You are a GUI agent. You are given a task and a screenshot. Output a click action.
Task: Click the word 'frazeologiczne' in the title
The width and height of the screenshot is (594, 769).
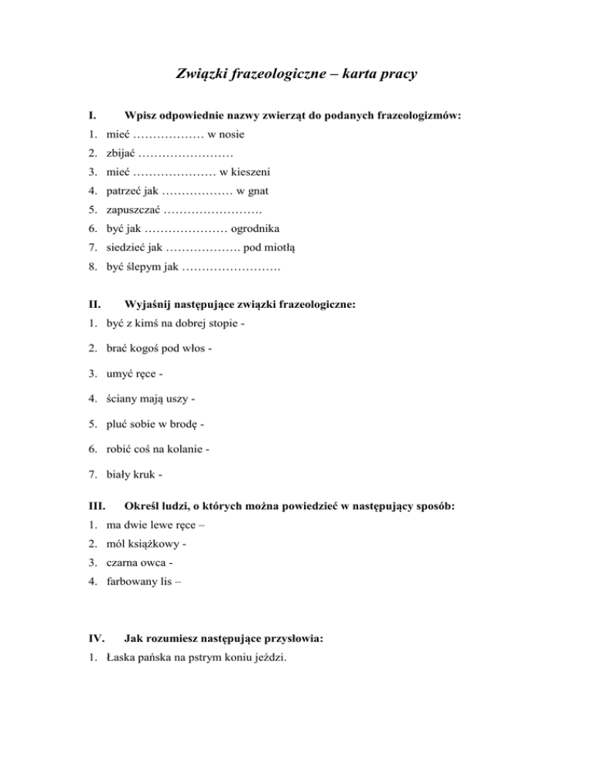(282, 75)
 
